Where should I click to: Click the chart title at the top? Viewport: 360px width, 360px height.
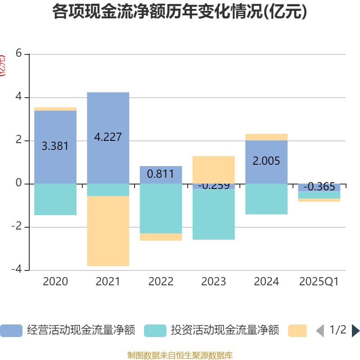(x=180, y=12)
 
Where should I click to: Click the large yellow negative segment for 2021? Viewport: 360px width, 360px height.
(x=108, y=231)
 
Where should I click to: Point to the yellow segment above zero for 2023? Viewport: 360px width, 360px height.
(x=213, y=169)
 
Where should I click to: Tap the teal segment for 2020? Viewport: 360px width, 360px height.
(x=55, y=200)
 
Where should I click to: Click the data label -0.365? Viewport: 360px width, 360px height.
(x=319, y=187)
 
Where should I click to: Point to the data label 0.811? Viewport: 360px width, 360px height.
(x=161, y=174)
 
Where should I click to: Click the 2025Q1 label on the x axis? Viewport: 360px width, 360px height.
(x=319, y=282)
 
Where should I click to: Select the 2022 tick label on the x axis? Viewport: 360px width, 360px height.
(x=161, y=282)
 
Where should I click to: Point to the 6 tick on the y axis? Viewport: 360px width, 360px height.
(x=18, y=54)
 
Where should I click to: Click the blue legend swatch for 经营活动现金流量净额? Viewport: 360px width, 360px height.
(x=11, y=331)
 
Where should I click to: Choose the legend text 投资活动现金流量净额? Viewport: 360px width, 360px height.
(x=225, y=331)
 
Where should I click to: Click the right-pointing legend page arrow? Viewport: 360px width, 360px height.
(x=355, y=331)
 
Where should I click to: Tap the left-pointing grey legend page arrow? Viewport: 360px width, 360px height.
(x=319, y=331)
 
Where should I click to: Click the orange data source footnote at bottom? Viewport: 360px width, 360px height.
(x=180, y=355)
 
